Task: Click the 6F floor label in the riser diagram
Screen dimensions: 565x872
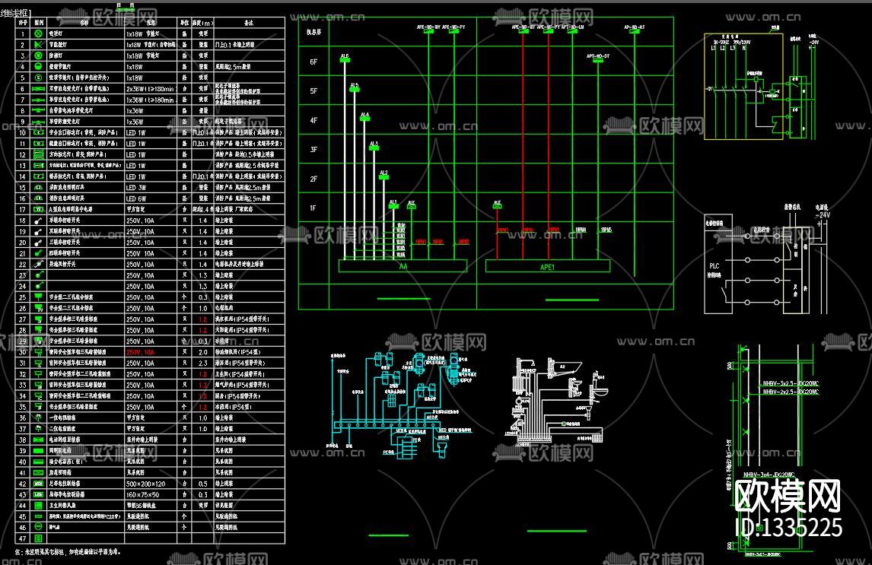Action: click(x=313, y=62)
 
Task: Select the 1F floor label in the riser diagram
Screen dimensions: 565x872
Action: click(x=313, y=208)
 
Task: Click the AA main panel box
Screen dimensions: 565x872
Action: click(x=403, y=267)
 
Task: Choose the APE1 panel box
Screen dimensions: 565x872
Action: click(x=548, y=267)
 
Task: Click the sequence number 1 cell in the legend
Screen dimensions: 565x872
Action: click(x=22, y=33)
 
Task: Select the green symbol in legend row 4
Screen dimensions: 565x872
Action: click(x=38, y=66)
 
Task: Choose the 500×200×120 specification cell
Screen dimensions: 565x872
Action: click(x=145, y=484)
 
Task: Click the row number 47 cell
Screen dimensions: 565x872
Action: click(x=22, y=538)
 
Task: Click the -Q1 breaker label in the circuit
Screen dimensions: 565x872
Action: click(x=710, y=89)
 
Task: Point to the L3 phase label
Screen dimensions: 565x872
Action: click(x=732, y=48)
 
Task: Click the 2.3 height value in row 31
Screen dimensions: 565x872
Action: click(x=202, y=363)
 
